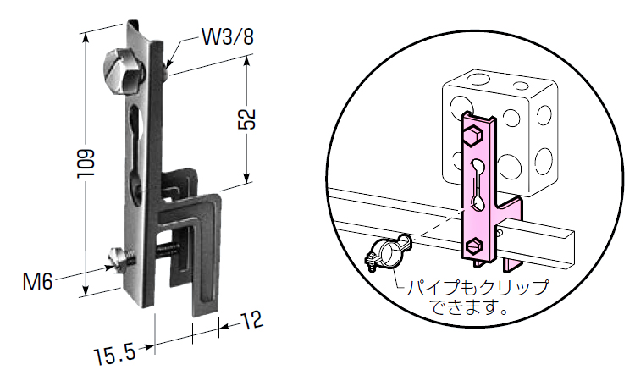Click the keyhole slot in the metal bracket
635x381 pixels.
click(135, 144)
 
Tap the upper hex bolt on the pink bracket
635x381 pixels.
click(472, 134)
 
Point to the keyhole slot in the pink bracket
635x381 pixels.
click(478, 182)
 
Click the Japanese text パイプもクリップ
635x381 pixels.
click(478, 287)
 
